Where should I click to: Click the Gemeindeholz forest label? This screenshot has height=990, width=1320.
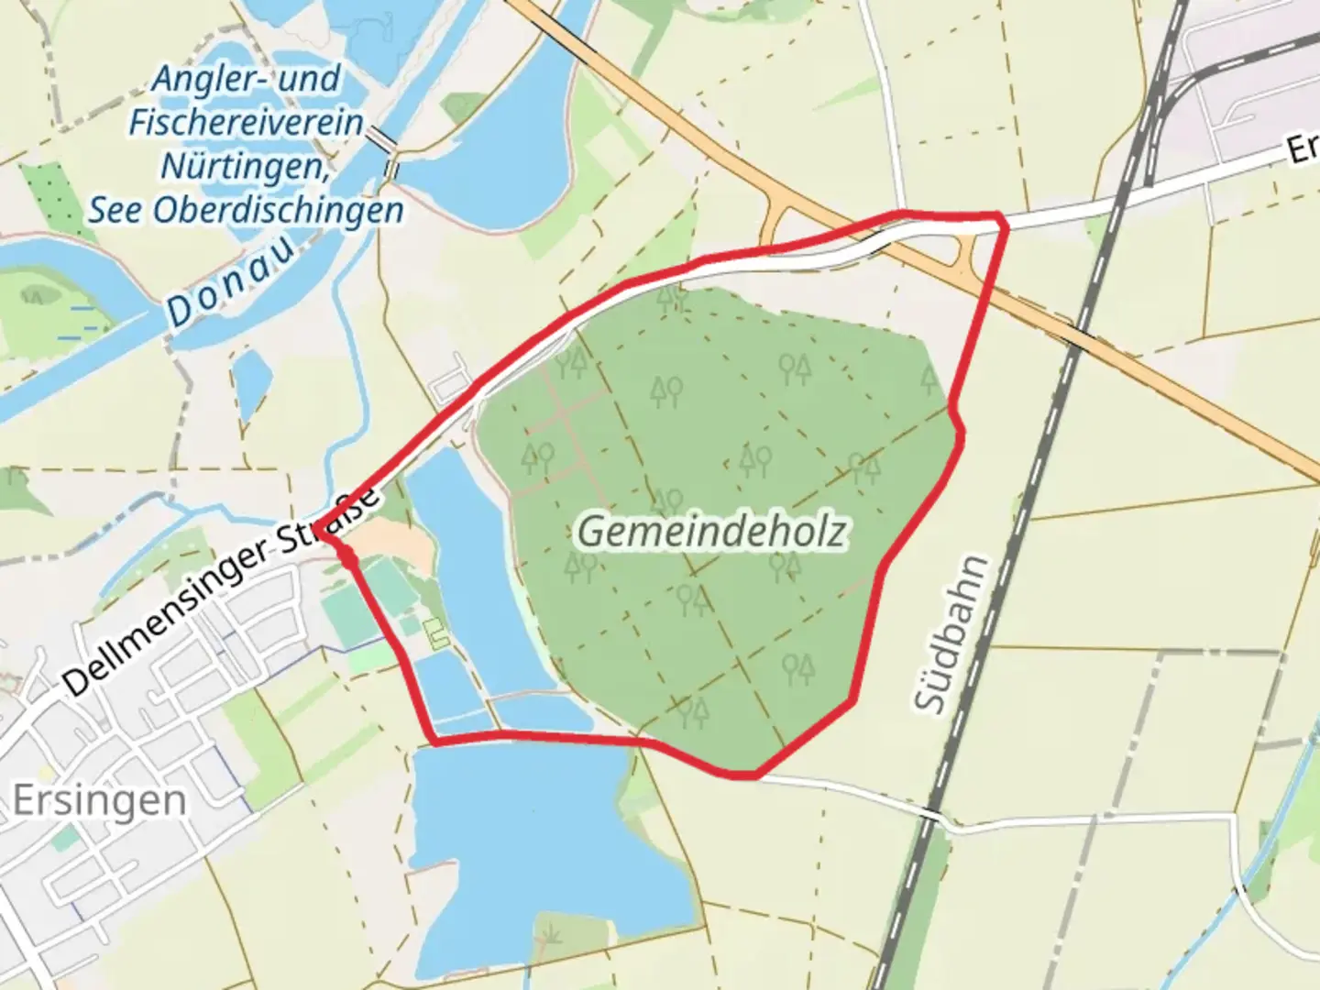click(x=711, y=532)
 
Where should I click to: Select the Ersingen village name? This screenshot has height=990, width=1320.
click(x=99, y=801)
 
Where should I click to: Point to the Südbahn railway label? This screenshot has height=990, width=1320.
click(x=953, y=632)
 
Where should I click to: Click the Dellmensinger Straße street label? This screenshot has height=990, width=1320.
click(x=221, y=591)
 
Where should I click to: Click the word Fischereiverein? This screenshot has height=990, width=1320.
click(x=246, y=123)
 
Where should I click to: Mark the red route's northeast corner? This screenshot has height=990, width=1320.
click(x=1002, y=218)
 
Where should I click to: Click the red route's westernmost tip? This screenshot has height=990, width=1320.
click(x=320, y=526)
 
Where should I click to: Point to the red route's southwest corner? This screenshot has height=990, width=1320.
click(x=434, y=741)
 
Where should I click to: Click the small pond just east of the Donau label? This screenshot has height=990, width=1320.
click(x=251, y=385)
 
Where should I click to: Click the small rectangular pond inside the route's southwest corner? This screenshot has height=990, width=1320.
click(x=448, y=687)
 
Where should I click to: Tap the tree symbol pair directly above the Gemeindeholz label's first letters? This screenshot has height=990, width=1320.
click(x=666, y=500)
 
